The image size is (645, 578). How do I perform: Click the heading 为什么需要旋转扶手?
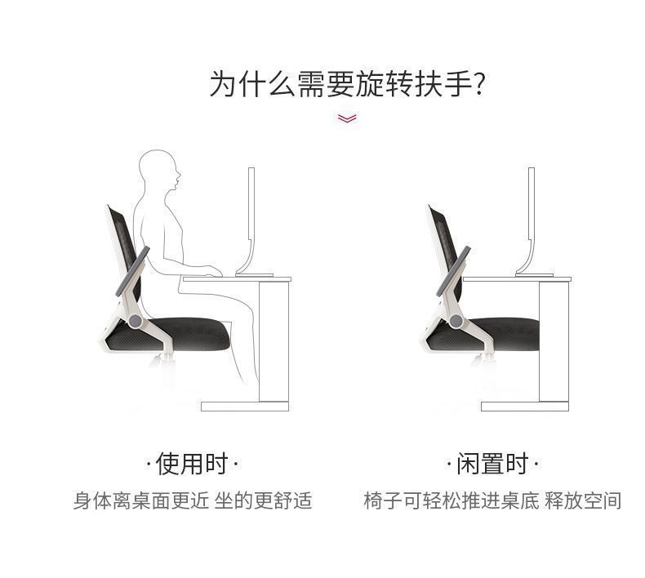[x=347, y=84]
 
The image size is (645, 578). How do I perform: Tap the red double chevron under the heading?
[x=347, y=118]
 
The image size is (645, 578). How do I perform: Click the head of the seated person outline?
[x=159, y=170]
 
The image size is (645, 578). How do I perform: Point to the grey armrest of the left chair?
[x=132, y=269]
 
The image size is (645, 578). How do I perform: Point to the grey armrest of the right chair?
[x=453, y=269]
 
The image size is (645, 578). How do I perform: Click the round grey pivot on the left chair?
[x=135, y=321]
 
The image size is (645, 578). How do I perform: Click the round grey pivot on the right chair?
[x=456, y=321]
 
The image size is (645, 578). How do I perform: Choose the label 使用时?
[x=192, y=464]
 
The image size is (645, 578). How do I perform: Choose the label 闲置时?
[x=492, y=464]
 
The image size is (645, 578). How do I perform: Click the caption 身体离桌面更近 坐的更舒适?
[x=193, y=500]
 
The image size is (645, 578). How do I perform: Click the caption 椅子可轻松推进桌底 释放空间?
[x=492, y=500]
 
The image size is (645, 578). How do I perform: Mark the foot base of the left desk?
[x=245, y=406]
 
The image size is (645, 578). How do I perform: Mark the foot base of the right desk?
[x=525, y=406]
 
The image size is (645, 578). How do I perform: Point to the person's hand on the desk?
[x=213, y=270]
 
